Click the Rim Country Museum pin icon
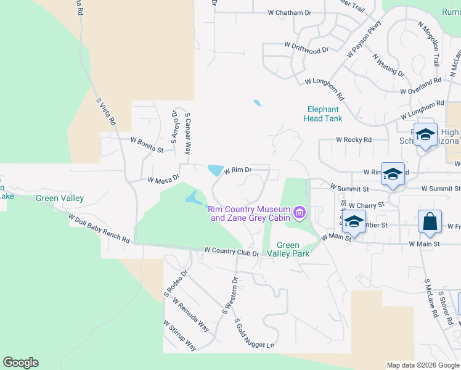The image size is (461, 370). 300,213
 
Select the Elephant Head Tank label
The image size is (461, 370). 323,113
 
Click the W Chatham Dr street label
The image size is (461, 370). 290,12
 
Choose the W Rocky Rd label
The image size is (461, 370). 354,140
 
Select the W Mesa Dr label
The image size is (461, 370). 163,179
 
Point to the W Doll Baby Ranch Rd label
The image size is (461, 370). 99,229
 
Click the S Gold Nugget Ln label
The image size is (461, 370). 253,337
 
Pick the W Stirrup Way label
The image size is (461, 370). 179,335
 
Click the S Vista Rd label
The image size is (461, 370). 105,111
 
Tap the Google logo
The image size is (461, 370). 20,363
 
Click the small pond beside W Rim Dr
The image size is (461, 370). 216,170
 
